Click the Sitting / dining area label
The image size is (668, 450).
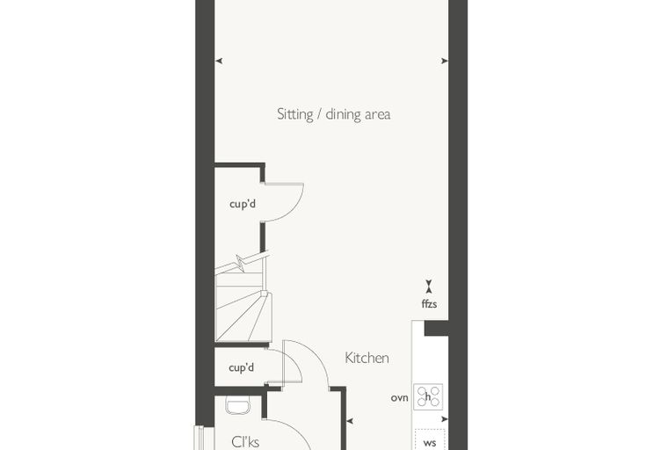[334, 114]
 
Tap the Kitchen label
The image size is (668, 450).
[367, 358]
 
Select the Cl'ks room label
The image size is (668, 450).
[245, 441]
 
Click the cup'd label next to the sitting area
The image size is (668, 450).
[243, 204]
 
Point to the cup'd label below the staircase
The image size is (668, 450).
[241, 367]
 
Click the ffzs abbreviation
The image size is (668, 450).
[429, 304]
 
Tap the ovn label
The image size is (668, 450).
[400, 398]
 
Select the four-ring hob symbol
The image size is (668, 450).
[428, 396]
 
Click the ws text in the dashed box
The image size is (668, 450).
[430, 443]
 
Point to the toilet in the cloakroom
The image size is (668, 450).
[237, 405]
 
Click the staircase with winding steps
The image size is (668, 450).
[243, 298]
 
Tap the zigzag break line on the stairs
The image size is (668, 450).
[241, 263]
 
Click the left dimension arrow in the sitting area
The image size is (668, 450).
[219, 61]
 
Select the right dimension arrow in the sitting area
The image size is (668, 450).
[445, 61]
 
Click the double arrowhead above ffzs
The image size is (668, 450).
[429, 287]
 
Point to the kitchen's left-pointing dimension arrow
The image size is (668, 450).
[350, 421]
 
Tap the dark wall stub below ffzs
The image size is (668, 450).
[437, 328]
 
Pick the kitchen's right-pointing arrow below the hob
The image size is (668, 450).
[445, 419]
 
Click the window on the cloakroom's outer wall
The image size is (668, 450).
[199, 438]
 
